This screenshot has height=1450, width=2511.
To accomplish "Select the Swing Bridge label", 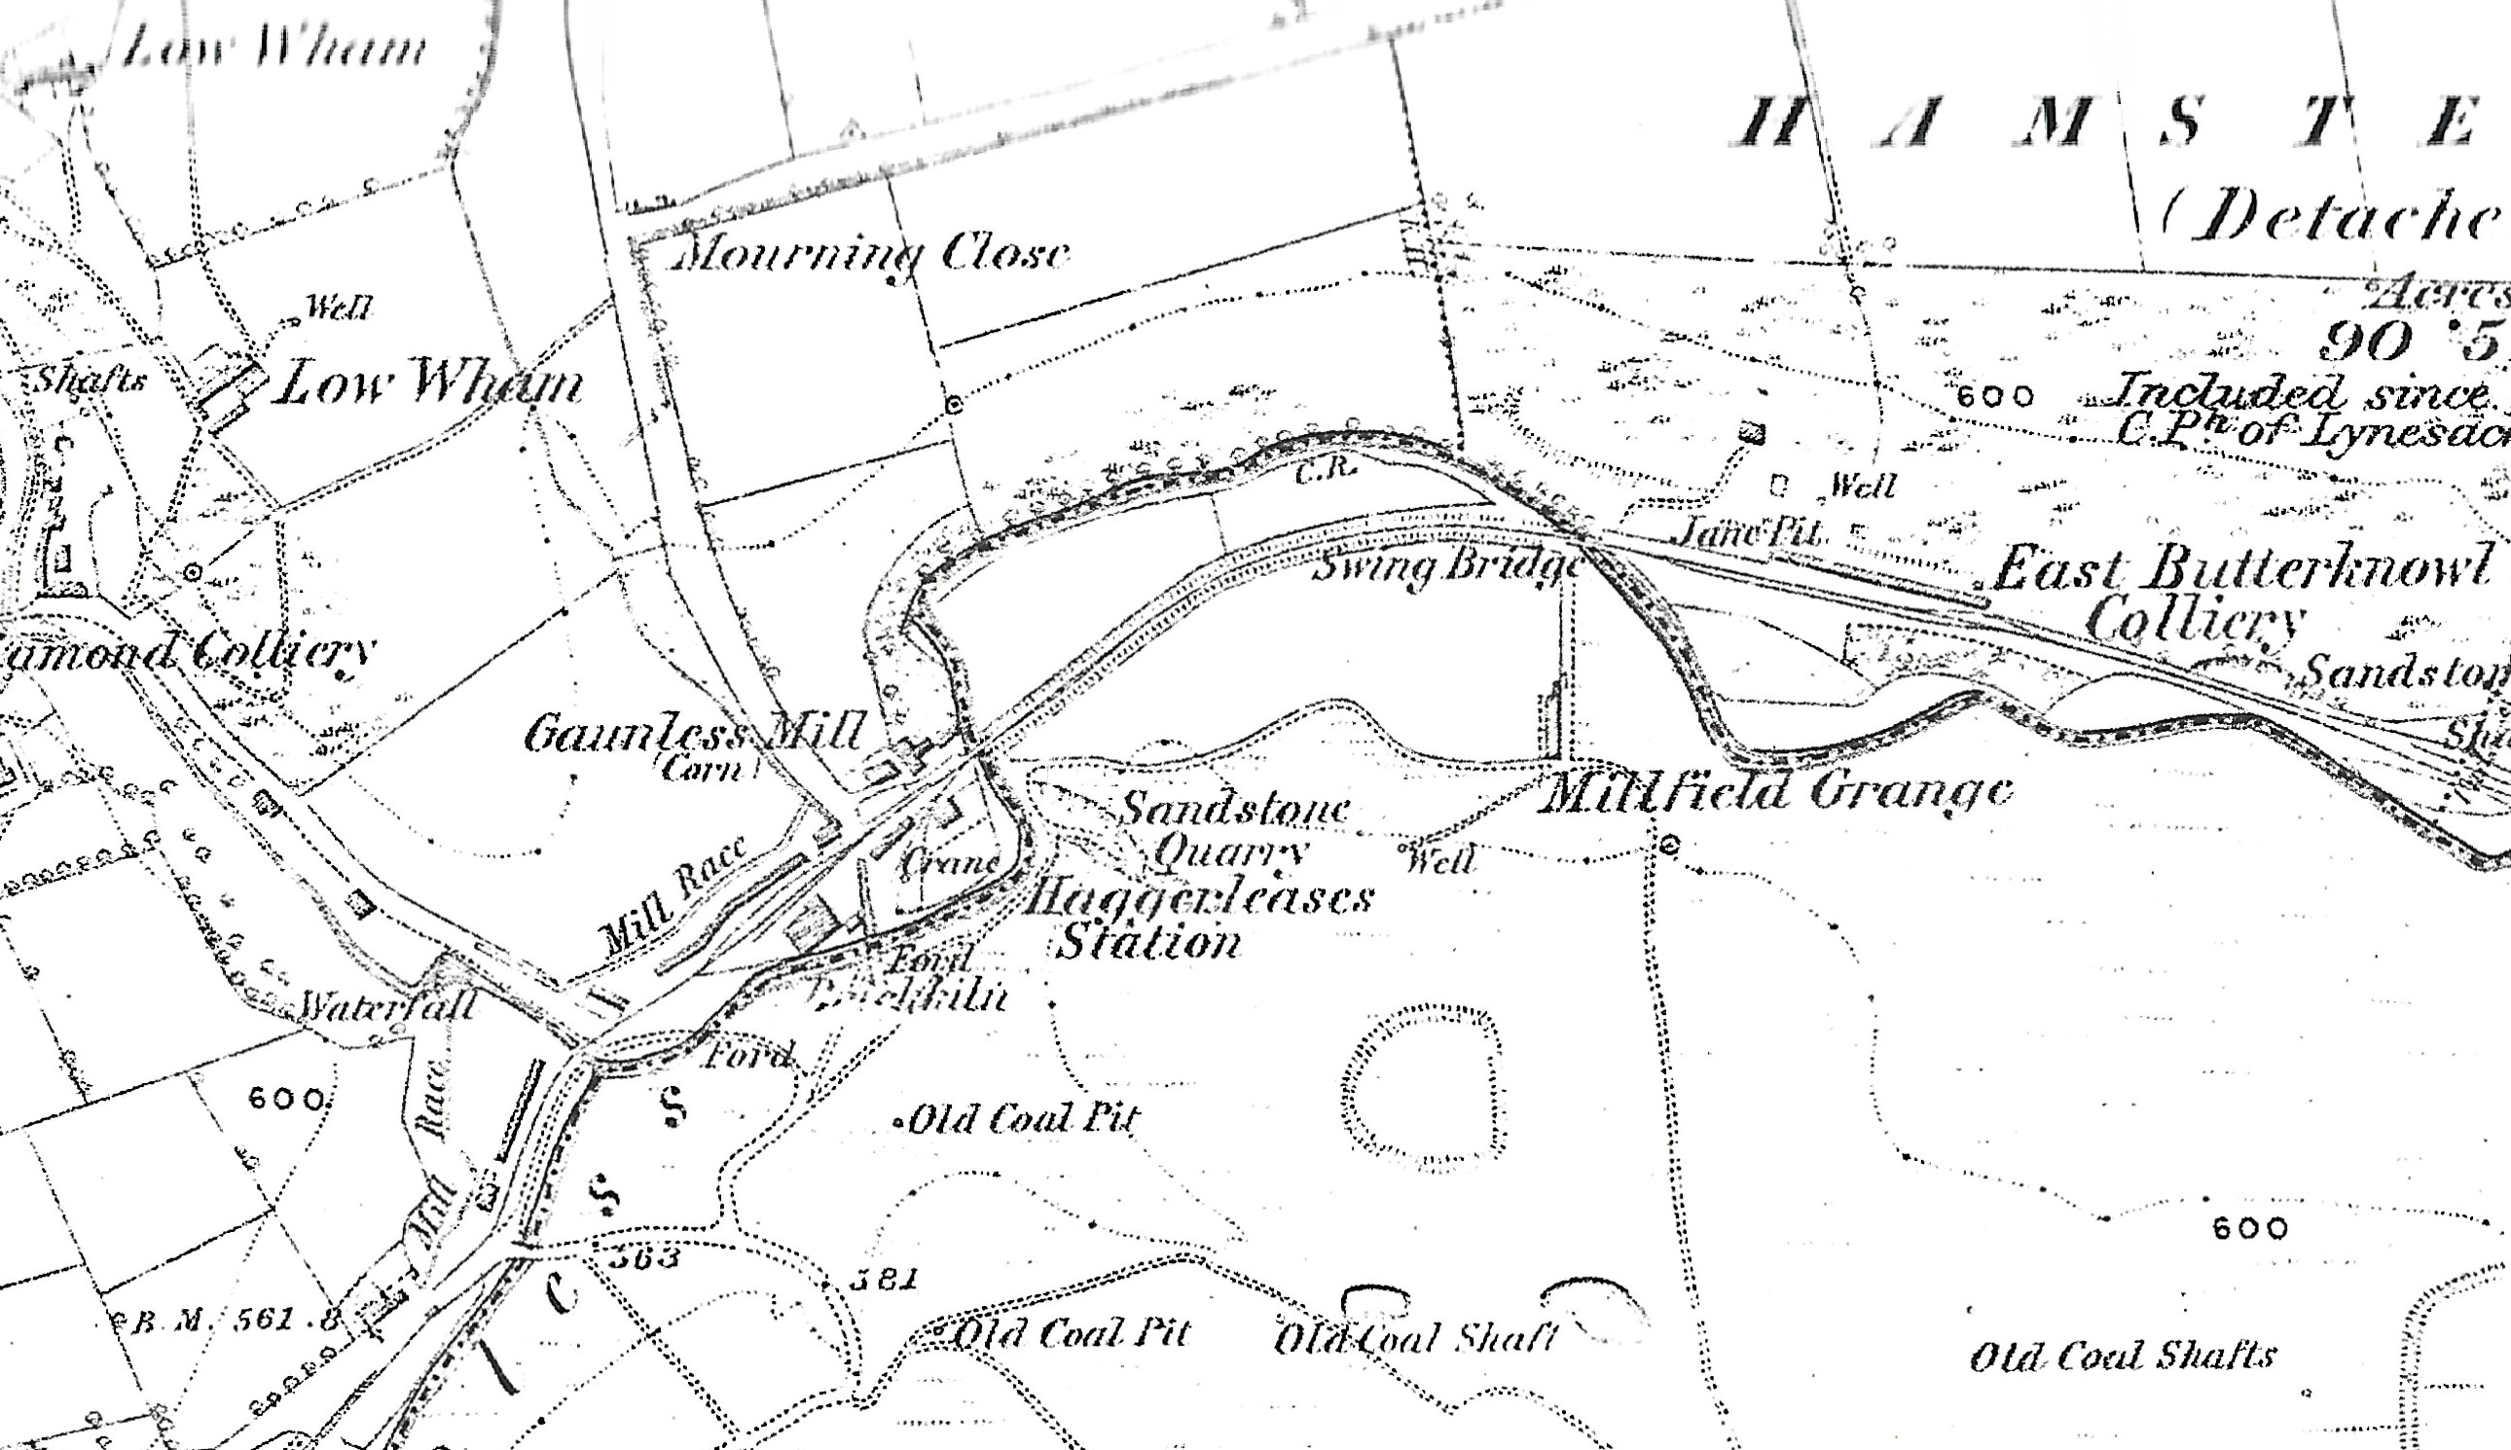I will pyautogui.click(x=1447, y=565).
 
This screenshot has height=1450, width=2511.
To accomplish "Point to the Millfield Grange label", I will pyautogui.click(x=1774, y=792).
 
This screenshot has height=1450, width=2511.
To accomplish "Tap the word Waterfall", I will pyautogui.click(x=388, y=1006).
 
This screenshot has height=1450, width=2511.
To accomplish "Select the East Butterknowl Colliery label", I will pyautogui.click(x=2241, y=592).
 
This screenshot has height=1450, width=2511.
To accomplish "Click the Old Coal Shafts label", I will pyautogui.click(x=2123, y=1356).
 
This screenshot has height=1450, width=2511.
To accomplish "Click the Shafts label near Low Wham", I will pyautogui.click(x=91, y=380).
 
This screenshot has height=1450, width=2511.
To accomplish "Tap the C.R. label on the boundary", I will pyautogui.click(x=1326, y=470).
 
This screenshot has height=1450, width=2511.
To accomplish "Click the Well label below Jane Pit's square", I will pyautogui.click(x=1863, y=487).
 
